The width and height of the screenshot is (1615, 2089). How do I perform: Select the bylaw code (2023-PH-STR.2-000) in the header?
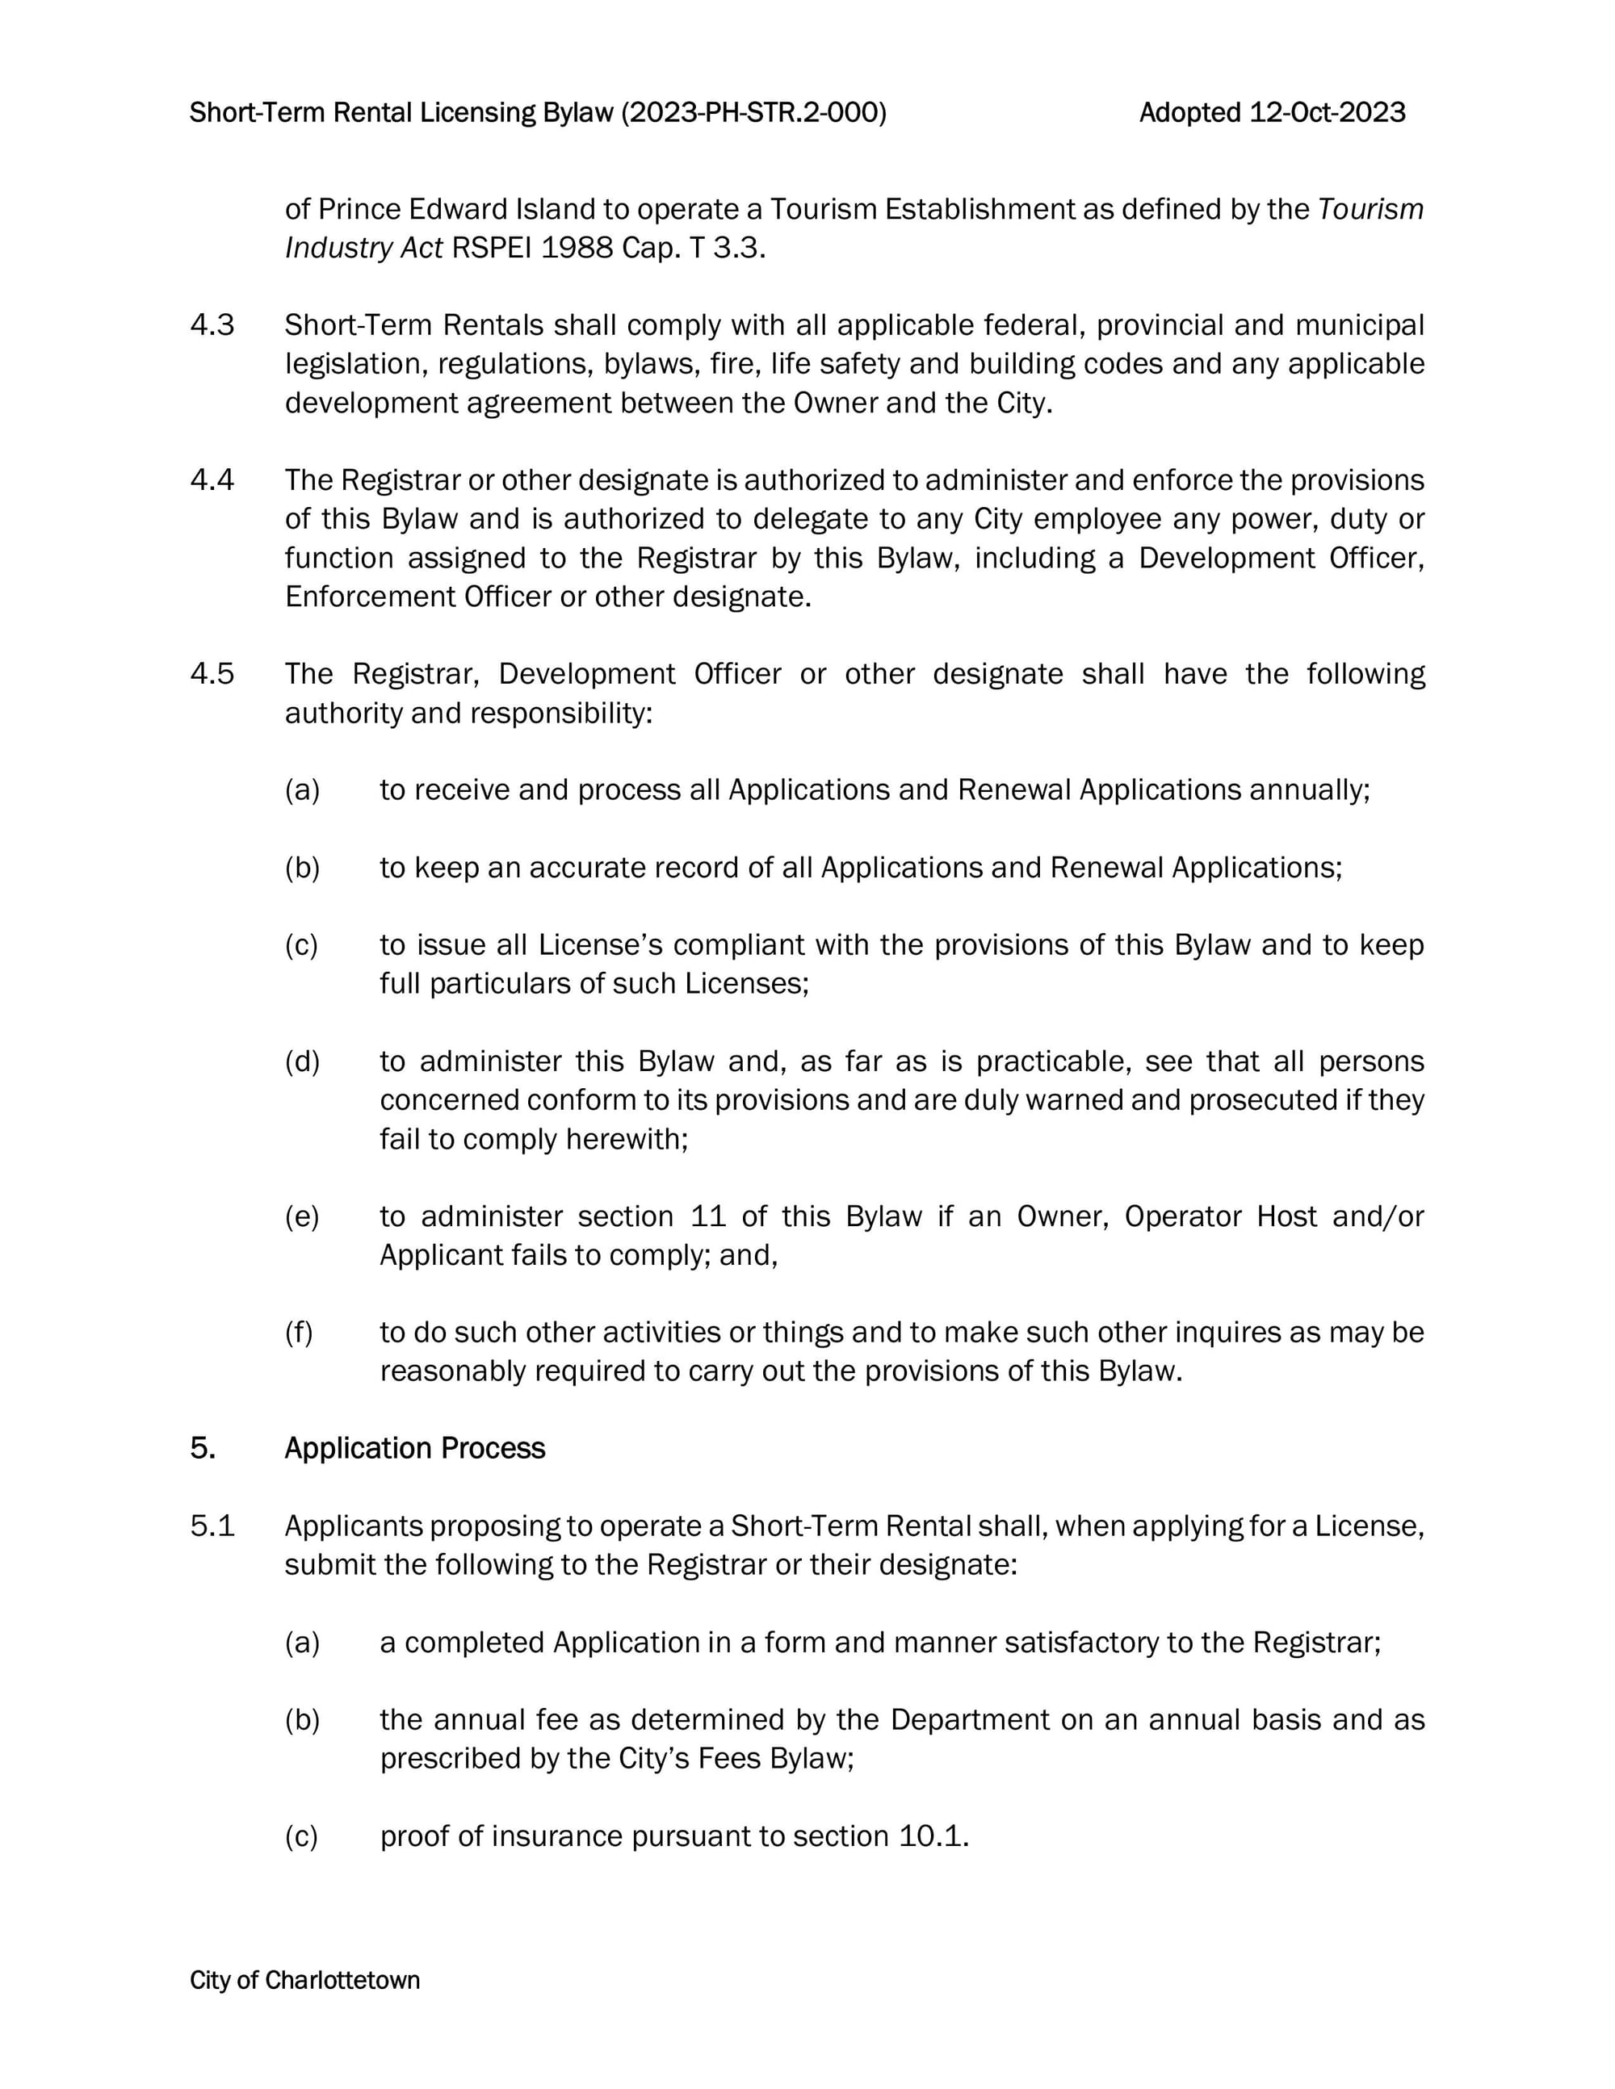[754, 113]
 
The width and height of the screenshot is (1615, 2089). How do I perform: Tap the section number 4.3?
[212, 325]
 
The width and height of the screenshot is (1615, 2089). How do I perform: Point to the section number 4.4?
[212, 480]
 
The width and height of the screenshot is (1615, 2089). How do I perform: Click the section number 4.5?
[212, 674]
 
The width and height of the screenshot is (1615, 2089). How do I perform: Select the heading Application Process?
[414, 1448]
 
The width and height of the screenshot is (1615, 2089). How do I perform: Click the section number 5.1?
[212, 1526]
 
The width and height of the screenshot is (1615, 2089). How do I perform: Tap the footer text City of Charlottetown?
[304, 1980]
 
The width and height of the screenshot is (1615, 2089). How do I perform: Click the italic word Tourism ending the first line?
[1370, 210]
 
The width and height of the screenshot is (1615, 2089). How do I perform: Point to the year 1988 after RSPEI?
[576, 249]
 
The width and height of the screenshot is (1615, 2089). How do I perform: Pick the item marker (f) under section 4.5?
[299, 1333]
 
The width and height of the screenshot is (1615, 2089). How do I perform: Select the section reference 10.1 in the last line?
[933, 1836]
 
